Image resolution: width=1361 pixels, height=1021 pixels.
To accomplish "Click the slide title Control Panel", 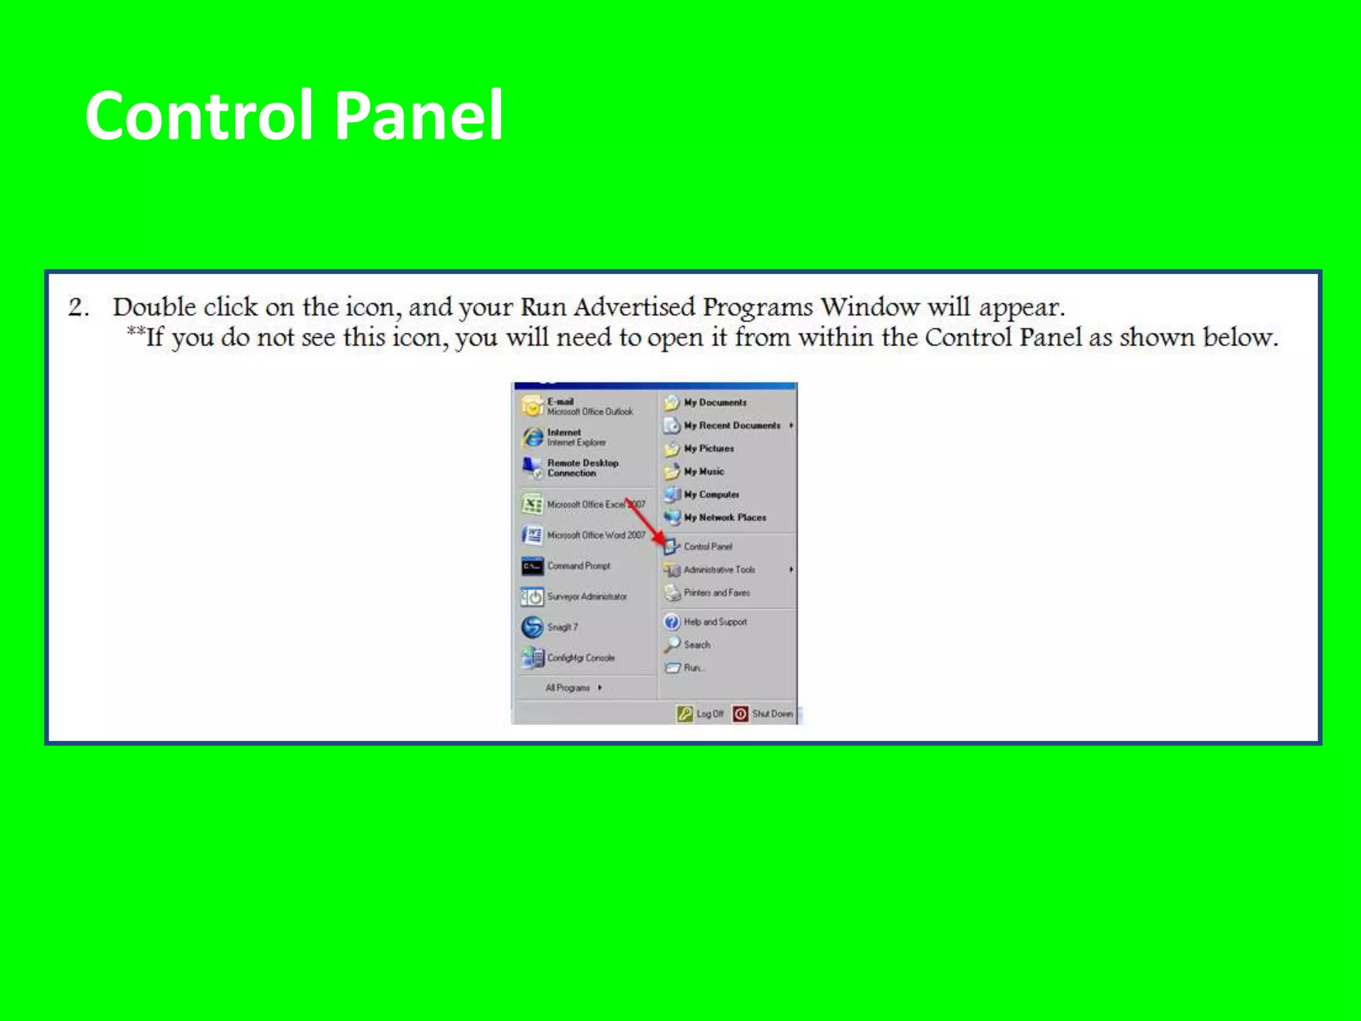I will (294, 116).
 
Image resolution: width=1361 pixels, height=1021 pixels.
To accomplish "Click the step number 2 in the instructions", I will (77, 308).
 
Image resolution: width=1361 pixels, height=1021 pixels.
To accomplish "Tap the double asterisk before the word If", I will (136, 332).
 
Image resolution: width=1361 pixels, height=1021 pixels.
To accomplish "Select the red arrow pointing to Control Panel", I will (645, 522).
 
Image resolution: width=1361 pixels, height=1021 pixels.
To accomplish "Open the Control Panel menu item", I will (707, 546).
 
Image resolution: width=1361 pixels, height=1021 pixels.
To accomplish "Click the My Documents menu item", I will (714, 403).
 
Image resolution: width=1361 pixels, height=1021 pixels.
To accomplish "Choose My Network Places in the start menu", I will (724, 518).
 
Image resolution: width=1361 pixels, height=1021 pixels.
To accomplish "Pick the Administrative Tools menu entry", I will (718, 570).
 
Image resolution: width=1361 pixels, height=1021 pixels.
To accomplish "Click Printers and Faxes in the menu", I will (716, 593).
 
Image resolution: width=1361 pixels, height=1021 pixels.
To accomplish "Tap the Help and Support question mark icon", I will (672, 622).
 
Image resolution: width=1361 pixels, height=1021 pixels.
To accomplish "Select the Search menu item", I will (696, 645).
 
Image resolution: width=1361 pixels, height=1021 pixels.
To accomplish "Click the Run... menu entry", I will (693, 668).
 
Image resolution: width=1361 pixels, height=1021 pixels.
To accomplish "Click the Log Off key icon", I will (684, 714).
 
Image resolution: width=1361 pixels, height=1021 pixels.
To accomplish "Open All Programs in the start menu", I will (568, 688).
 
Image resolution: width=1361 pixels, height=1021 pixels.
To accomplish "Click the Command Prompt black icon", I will (532, 566).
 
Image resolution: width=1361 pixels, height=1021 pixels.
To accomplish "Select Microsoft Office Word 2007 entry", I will (595, 535).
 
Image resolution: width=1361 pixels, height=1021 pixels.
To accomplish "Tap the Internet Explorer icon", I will (533, 437).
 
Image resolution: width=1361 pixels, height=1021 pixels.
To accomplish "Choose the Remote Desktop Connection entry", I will (581, 468).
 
